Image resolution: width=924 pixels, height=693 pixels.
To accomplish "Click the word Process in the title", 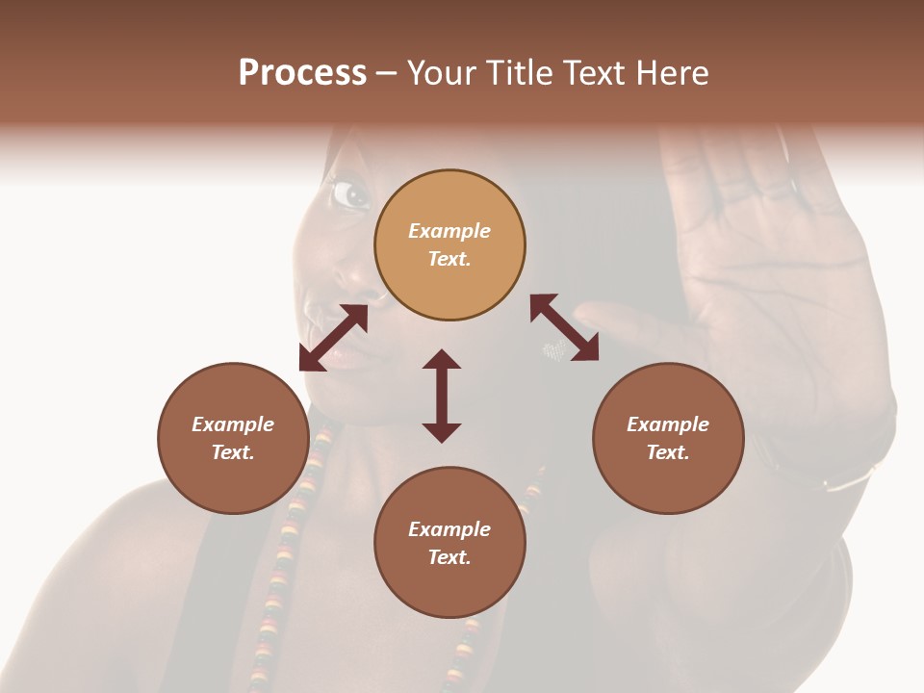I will pos(302,73).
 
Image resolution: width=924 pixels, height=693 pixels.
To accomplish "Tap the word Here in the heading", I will pos(670,73).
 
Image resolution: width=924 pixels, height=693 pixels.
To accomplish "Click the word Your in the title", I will pos(443,73).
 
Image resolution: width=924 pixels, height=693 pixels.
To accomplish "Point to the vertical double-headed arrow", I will pos(442,396).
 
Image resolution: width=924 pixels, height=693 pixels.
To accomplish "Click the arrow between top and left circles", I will pos(333,338).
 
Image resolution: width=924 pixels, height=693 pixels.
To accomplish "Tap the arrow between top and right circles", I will pos(564,327).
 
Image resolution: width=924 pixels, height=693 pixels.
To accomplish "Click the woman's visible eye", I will pos(349,194).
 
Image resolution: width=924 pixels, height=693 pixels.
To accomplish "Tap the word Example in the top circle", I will pos(449,231).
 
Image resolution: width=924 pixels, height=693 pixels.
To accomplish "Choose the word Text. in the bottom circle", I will pos(449,557).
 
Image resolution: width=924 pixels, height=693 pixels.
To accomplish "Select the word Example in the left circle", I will pos(233,424).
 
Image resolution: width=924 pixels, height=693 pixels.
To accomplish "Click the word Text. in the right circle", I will pos(668,452).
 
